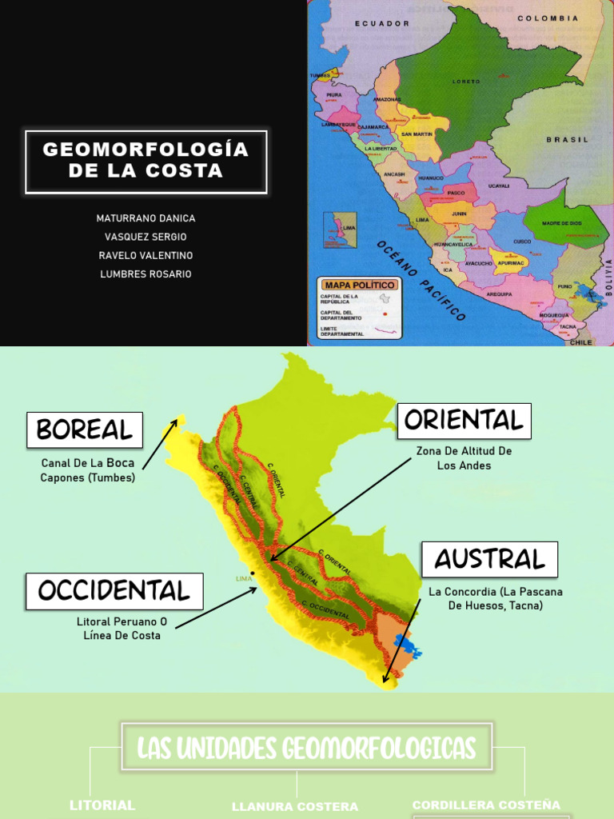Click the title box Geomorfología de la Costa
pos(146,161)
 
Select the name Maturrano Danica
pos(146,218)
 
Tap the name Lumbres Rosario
pos(146,274)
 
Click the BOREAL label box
pos(85,430)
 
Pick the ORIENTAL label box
pos(464,421)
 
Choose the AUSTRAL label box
pos(489,559)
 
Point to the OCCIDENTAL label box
pos(114,591)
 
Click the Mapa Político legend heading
pos(359,285)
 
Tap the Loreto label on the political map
pos(466,81)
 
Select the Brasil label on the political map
pos(567,139)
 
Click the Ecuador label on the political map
pos(382,24)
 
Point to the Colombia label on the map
pos(548,18)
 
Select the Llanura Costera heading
pos(295,807)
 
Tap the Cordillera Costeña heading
pos(486,805)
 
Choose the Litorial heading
pos(102,805)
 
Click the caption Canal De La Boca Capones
pos(88,470)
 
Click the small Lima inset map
pos(340,230)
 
